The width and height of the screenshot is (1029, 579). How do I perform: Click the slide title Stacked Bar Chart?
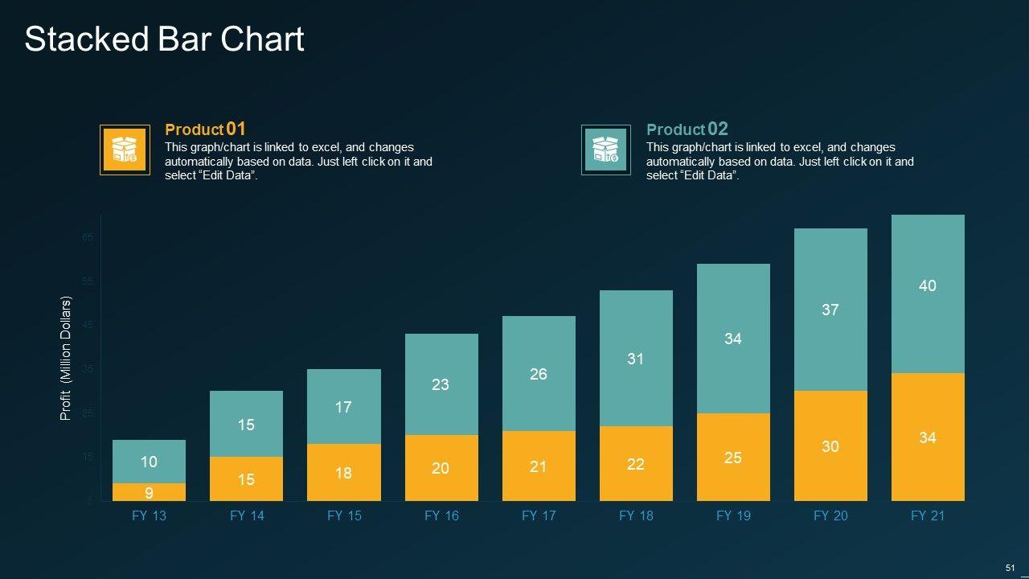coord(164,39)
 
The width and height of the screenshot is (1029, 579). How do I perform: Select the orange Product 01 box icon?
coord(125,150)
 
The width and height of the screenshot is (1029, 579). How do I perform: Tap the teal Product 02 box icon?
coord(605,150)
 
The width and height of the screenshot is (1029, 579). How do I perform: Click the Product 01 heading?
coord(205,129)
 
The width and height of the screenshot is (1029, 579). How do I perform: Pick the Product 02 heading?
coord(687,129)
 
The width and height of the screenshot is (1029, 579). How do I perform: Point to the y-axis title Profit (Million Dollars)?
coord(66,359)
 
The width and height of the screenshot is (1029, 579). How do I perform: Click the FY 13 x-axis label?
coord(149,515)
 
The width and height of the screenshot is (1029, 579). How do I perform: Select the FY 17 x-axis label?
coord(539,515)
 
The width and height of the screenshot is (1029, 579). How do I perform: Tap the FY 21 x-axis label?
coord(928,515)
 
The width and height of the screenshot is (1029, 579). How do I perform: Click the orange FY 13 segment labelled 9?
coord(149,492)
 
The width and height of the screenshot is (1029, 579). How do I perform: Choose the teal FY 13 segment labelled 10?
coord(149,462)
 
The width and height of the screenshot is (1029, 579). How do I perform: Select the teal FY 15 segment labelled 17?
coord(343,407)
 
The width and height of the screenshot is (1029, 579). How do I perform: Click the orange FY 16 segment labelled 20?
coord(441,468)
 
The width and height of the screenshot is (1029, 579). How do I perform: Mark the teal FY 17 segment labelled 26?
coord(539,374)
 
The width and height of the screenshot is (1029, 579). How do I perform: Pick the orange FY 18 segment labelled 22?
coord(636,464)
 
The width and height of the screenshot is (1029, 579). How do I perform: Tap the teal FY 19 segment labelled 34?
coord(733,339)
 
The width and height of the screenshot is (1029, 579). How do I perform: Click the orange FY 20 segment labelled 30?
coord(830,446)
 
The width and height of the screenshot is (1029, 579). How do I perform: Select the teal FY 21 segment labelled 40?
coord(928,285)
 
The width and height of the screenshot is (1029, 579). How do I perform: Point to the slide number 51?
coord(1011,568)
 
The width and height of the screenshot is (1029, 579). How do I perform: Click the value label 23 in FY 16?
coord(441,384)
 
